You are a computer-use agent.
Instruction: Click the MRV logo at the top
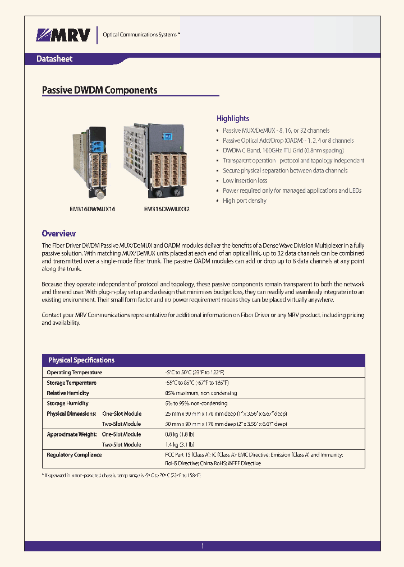tap(63, 35)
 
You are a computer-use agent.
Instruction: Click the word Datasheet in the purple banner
tap(54, 59)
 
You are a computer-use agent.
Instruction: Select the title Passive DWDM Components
tap(100, 90)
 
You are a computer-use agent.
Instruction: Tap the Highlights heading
tap(233, 118)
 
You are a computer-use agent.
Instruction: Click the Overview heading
tap(58, 234)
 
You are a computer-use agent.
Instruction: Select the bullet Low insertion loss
tap(245, 180)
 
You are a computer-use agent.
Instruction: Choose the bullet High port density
tap(244, 201)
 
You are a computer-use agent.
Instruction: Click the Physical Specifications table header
tap(81, 360)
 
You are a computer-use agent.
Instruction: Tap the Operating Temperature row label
tap(74, 373)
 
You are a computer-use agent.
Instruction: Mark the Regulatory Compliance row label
tap(74, 455)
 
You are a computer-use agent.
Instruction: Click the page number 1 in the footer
tap(203, 546)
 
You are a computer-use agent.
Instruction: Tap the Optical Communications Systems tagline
tap(140, 35)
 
